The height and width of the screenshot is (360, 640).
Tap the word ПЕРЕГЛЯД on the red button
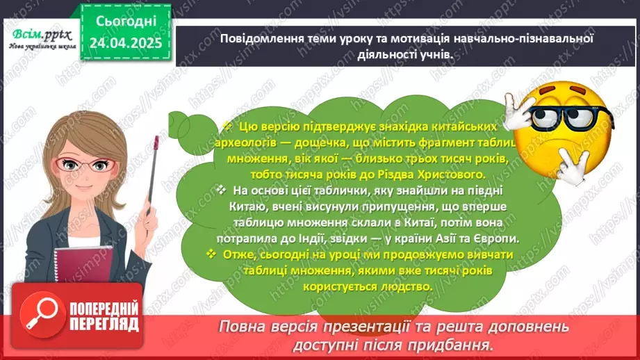pos(103,324)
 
